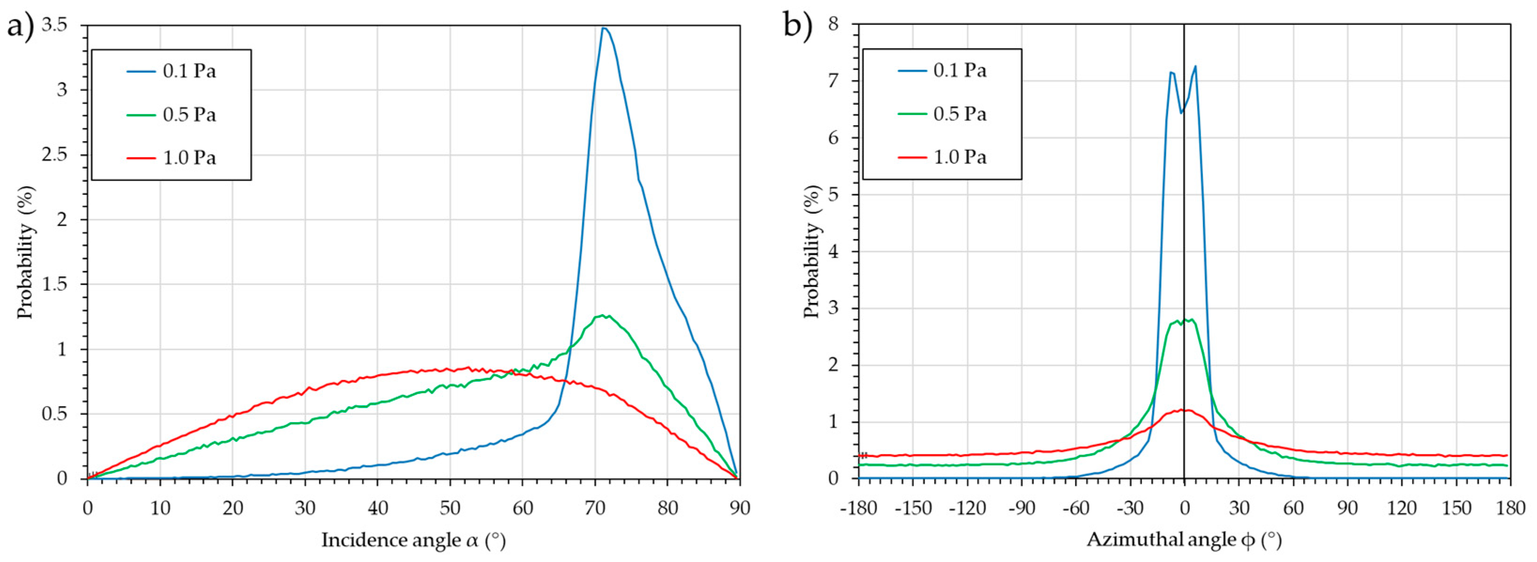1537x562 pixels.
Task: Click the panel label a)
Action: point(20,27)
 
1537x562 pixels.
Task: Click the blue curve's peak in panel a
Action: point(604,28)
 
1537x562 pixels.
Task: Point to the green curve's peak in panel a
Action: point(602,316)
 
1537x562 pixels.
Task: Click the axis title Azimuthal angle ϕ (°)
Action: point(1184,540)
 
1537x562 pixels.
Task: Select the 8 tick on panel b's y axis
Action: point(833,24)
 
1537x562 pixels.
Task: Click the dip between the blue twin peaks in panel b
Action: point(1181,113)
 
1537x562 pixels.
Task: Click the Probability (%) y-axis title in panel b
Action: point(811,251)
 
